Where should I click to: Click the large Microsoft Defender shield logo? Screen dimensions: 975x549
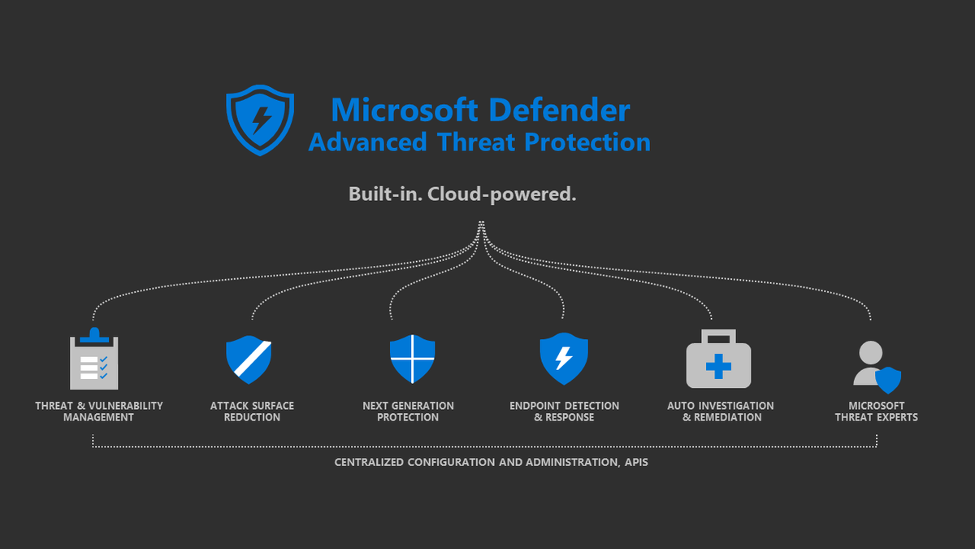[x=260, y=120]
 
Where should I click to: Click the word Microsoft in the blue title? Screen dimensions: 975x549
[x=405, y=110]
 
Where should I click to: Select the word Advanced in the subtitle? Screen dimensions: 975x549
[x=368, y=142]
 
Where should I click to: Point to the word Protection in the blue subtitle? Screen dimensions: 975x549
[x=587, y=142]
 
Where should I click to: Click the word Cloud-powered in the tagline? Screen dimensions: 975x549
[x=502, y=194]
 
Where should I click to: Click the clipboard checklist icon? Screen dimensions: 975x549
[x=94, y=359]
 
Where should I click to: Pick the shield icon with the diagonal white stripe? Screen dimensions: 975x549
[x=249, y=359]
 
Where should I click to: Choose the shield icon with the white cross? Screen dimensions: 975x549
[x=412, y=359]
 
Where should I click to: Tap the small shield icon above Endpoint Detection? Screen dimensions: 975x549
[x=564, y=359]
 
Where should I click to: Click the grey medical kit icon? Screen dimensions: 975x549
[x=718, y=359]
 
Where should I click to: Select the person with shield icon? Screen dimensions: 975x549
[x=877, y=367]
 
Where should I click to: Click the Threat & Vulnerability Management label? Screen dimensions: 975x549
[x=99, y=412]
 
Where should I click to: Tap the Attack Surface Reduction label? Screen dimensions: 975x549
[x=252, y=412]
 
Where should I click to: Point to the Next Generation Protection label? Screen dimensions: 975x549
[x=408, y=412]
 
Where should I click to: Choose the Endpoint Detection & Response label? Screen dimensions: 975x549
[x=564, y=412]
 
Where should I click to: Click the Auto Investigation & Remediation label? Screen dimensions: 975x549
[x=721, y=412]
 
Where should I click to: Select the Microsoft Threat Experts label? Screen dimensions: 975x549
[x=876, y=412]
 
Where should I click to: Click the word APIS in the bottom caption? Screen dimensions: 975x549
[x=636, y=462]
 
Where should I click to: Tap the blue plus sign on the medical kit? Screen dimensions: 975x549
[x=718, y=367]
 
